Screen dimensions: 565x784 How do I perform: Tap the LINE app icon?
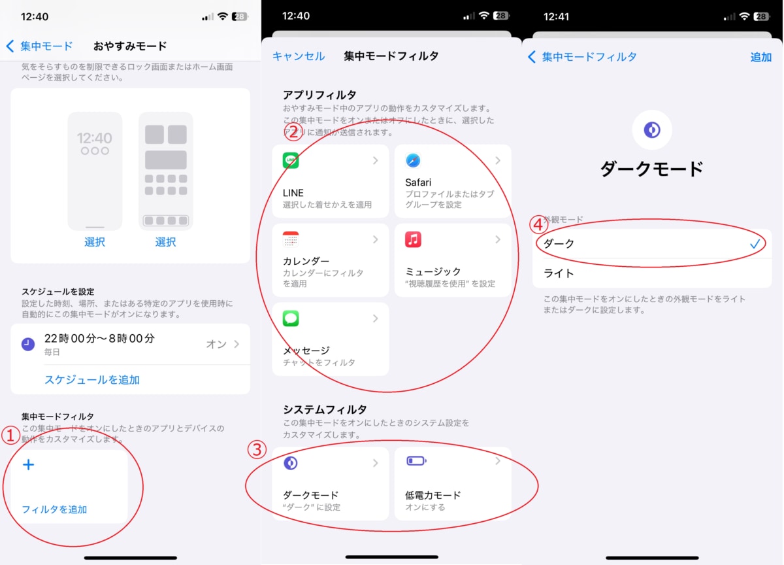click(291, 160)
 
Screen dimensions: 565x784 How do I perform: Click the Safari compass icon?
click(413, 160)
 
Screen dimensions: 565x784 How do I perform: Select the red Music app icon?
click(413, 239)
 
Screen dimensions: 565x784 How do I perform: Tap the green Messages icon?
click(291, 318)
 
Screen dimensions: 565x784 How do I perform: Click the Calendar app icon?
click(291, 239)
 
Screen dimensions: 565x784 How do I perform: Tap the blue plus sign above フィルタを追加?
click(28, 465)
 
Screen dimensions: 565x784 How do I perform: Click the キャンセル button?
click(299, 56)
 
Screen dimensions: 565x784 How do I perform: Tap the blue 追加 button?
click(760, 57)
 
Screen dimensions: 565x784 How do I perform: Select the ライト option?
click(559, 273)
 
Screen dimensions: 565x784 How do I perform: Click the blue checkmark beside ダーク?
click(755, 243)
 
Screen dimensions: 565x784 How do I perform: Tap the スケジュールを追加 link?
click(92, 379)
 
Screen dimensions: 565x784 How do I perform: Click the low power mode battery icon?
click(416, 461)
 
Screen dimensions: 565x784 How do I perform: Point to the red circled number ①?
click(10, 434)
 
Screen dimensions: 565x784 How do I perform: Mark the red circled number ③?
click(257, 450)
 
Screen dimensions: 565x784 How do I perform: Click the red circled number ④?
click(538, 224)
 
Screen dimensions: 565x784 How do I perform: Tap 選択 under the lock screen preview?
click(95, 242)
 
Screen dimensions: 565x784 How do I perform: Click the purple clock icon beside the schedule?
click(28, 344)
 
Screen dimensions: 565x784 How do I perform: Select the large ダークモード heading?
click(651, 169)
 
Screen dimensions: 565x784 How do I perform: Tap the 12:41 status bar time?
click(556, 16)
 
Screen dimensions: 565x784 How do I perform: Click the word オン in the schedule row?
click(216, 344)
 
